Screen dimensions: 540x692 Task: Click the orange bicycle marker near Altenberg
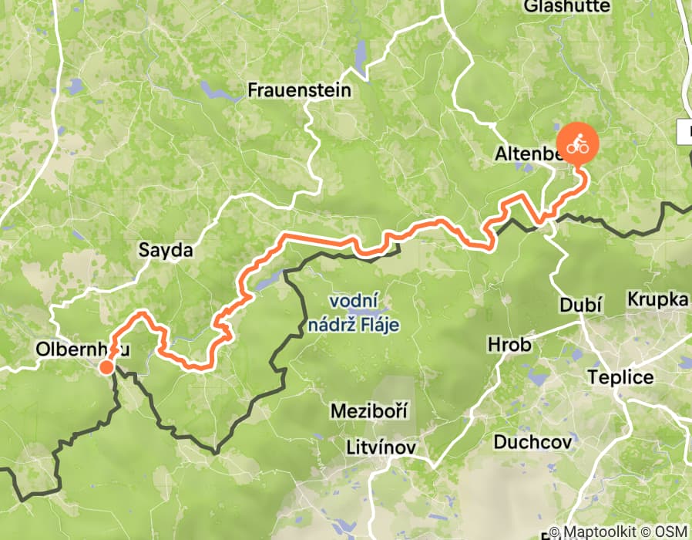(577, 143)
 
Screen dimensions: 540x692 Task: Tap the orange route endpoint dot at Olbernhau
(106, 367)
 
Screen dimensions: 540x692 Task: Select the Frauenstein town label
(299, 90)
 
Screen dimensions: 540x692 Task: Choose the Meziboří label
(368, 410)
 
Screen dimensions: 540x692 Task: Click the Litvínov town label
(381, 447)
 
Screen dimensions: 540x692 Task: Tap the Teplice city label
(620, 377)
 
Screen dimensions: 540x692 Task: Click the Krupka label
(657, 299)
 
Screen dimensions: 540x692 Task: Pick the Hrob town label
(510, 344)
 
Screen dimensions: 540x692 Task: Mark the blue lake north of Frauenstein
(360, 56)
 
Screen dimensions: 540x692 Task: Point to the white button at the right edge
(685, 131)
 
